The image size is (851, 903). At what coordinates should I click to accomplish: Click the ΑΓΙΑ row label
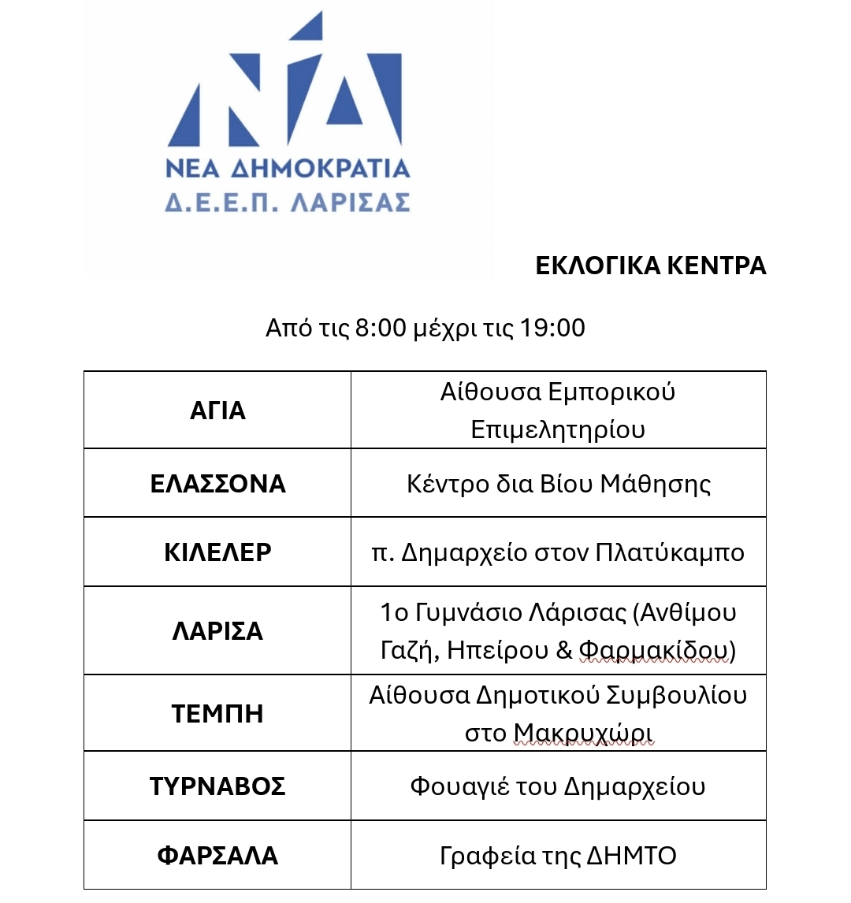click(x=217, y=411)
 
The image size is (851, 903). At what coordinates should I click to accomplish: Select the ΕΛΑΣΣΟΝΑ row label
click(x=217, y=483)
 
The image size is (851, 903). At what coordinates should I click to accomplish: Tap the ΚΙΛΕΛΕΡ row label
click(x=217, y=552)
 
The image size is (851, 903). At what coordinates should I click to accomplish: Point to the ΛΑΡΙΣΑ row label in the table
click(x=217, y=631)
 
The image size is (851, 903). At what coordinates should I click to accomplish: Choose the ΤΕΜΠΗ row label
click(x=217, y=714)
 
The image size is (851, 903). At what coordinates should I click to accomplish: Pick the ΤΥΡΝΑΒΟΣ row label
click(x=217, y=786)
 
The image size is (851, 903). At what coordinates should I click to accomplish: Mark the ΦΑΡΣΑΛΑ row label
click(x=217, y=856)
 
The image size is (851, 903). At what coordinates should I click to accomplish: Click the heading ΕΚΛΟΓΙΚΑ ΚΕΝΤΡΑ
click(x=650, y=266)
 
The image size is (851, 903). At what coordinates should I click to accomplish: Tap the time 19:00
click(x=552, y=328)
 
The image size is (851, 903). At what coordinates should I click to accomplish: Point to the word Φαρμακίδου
click(x=654, y=651)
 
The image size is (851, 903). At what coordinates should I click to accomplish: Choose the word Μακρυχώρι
click(x=583, y=734)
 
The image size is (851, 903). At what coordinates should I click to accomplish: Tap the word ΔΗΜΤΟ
click(x=632, y=856)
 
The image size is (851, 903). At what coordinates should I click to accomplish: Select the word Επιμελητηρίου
click(x=558, y=429)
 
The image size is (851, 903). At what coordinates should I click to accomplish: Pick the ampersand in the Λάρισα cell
click(x=563, y=651)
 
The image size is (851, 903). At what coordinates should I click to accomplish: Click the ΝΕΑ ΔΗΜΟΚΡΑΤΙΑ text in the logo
click(x=288, y=169)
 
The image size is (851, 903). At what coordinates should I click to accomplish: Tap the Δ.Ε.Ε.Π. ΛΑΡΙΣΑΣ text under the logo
click(x=288, y=203)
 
